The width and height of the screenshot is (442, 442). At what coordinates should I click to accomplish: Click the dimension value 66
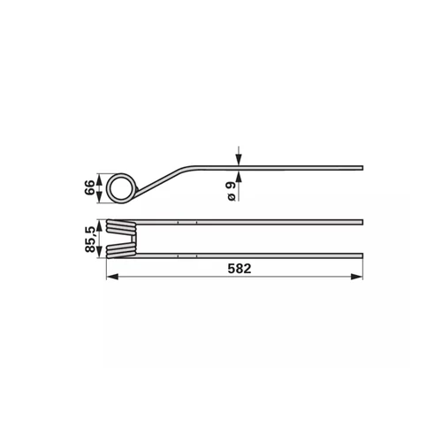[89, 187]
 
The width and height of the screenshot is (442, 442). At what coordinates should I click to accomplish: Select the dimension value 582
[240, 269]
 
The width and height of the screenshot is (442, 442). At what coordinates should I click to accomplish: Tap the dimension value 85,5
[89, 240]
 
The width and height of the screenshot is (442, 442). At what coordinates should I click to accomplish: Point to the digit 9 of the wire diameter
[232, 186]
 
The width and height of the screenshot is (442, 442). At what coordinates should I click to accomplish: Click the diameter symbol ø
[232, 197]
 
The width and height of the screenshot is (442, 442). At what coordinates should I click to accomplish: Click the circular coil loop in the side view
[108, 187]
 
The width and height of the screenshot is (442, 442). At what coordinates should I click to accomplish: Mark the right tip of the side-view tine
[362, 168]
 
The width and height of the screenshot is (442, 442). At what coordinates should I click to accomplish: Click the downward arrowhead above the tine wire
[239, 160]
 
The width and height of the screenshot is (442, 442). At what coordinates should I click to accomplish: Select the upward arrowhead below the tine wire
[239, 176]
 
